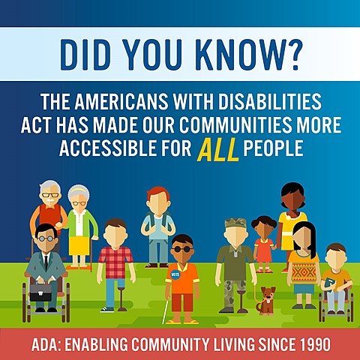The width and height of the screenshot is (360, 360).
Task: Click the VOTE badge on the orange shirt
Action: [x=175, y=274]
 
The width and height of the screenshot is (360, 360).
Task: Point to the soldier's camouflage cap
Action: [x=235, y=223]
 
